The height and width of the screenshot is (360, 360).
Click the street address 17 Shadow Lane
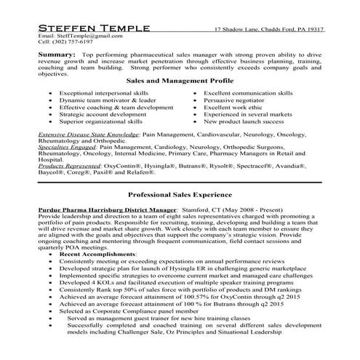click(238, 29)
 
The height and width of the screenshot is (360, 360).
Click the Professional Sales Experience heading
click(180, 195)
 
